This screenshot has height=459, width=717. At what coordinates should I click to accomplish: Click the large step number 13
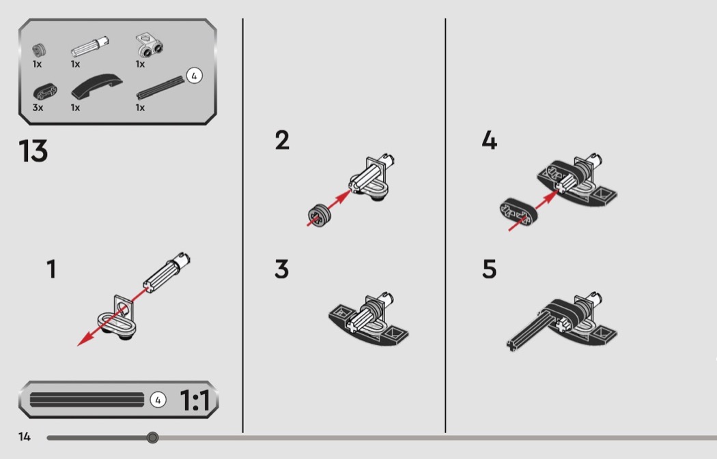coord(33,151)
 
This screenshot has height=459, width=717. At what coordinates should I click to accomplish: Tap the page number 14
coord(24,437)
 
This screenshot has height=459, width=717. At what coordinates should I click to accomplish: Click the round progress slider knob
coord(153,438)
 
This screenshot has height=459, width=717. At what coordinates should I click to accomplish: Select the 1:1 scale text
coord(195,400)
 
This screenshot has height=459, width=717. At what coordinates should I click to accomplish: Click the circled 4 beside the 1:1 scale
coord(158,400)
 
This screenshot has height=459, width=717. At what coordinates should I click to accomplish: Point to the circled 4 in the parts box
coord(194,76)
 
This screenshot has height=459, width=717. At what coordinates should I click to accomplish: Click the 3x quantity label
coord(38,108)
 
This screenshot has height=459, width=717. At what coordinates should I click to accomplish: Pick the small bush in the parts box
coord(40,50)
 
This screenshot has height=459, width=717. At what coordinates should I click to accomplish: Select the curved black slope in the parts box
coord(97,87)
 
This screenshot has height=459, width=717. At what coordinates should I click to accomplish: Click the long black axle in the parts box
coord(160,88)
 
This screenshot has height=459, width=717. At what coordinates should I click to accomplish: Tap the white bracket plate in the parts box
coord(150,45)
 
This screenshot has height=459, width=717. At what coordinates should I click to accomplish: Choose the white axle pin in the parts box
coord(90,46)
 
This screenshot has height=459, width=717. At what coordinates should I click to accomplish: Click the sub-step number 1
coord(51,269)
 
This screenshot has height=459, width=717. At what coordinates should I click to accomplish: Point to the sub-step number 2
coord(282,140)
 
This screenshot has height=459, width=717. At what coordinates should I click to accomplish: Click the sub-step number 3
coord(281,269)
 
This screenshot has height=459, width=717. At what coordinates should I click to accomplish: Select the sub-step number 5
coord(490,269)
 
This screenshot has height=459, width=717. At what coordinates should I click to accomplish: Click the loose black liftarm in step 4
coord(519,211)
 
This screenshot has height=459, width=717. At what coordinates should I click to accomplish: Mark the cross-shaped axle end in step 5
coord(511,345)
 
